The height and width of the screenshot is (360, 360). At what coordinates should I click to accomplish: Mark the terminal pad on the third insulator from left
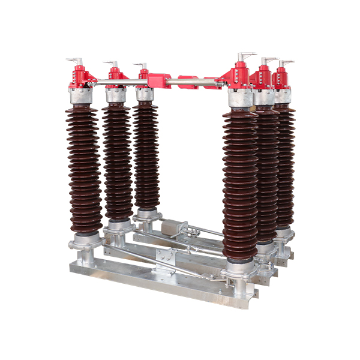point(140,65)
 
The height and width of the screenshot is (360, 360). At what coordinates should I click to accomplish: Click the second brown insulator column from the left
point(117,162)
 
